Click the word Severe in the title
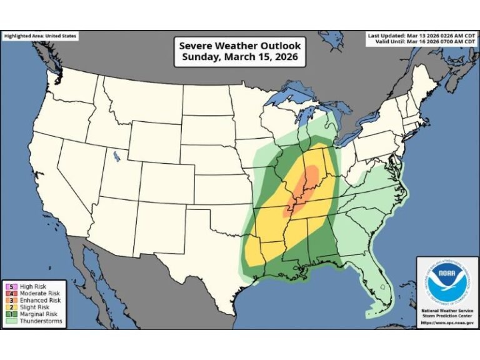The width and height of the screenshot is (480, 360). (196, 46)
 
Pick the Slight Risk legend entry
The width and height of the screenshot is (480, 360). (27, 307)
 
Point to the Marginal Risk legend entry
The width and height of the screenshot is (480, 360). (31, 314)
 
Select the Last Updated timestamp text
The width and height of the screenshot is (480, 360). (421, 35)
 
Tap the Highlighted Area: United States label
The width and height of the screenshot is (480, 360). (40, 36)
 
